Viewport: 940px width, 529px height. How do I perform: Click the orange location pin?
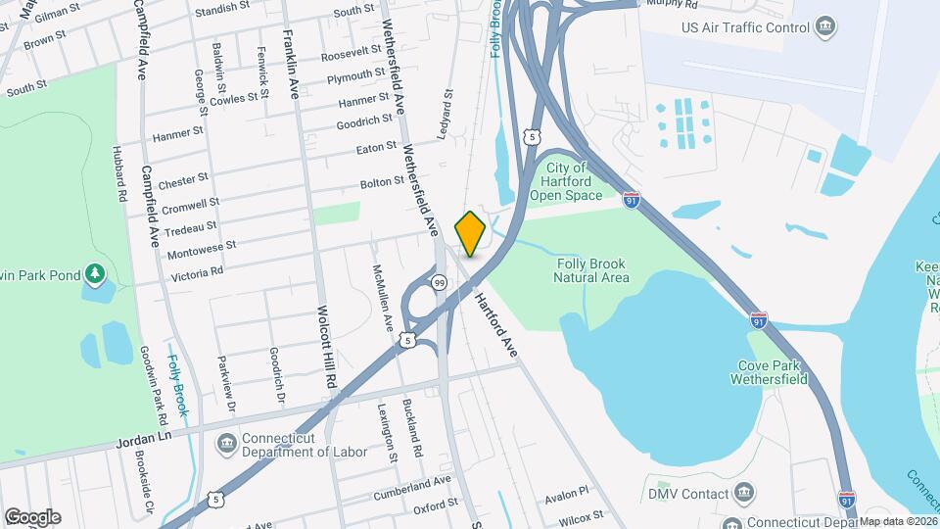click(x=471, y=233)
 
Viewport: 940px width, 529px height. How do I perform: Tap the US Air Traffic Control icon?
click(x=824, y=24)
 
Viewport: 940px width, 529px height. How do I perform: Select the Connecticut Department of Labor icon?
click(x=226, y=444)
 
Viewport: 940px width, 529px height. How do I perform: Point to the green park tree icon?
click(x=95, y=273)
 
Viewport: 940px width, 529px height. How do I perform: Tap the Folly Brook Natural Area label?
click(x=591, y=270)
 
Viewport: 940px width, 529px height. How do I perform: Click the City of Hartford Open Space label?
click(x=566, y=182)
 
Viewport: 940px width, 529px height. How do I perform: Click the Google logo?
click(x=32, y=517)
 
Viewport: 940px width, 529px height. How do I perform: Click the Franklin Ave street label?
click(x=291, y=64)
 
